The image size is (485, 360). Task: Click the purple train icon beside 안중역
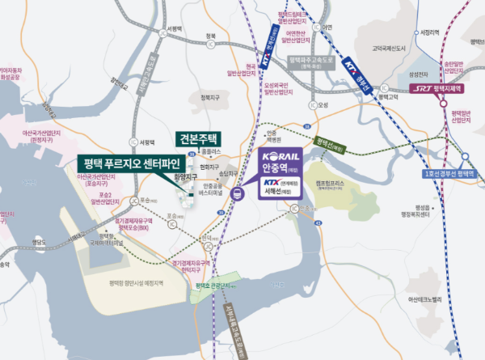coord(236,193)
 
